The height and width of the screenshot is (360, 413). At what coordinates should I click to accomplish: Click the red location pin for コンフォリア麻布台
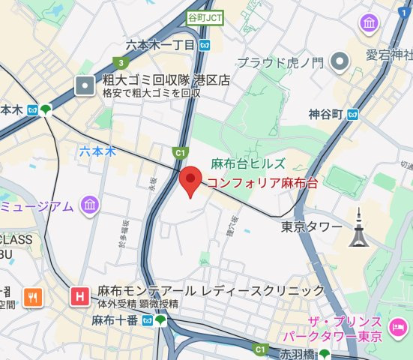tap(192, 181)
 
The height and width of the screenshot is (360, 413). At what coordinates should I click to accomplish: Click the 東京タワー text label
tap(311, 226)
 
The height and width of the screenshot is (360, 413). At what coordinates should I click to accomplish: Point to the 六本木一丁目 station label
tap(160, 46)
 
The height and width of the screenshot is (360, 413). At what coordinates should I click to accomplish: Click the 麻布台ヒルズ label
tap(247, 163)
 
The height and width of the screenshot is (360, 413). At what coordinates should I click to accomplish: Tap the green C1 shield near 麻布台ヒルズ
tap(179, 153)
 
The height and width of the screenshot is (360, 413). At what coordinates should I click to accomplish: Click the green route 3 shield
tap(119, 63)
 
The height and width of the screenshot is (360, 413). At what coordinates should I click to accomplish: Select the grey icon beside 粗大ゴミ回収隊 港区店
tap(85, 85)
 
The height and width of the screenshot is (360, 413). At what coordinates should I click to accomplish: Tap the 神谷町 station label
tap(325, 115)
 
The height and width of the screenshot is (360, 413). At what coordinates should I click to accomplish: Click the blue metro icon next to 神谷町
tap(352, 115)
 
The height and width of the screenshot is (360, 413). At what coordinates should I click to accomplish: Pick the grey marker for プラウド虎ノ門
tap(341, 61)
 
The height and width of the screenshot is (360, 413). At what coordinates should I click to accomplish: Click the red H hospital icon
tap(78, 297)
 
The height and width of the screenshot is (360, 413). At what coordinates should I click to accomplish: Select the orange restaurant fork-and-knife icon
tap(31, 297)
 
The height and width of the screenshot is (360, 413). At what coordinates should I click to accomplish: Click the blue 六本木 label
tap(98, 151)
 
